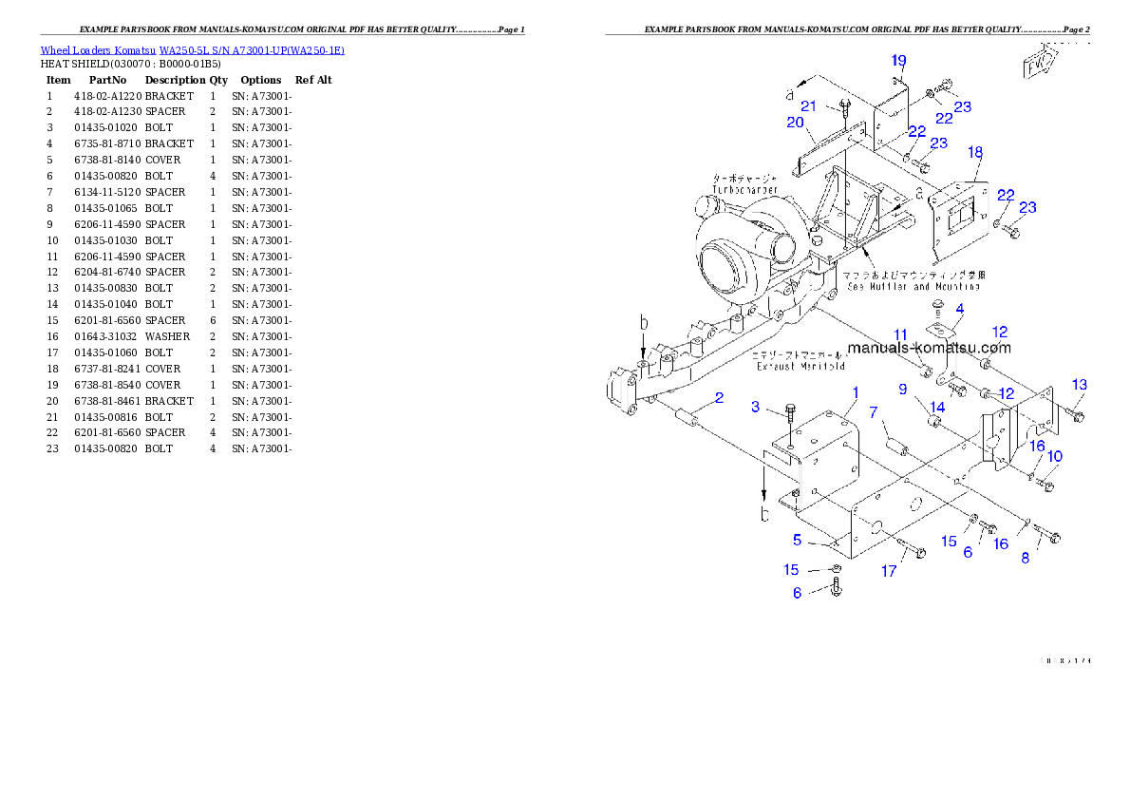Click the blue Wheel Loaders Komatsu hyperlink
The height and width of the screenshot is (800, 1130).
(192, 50)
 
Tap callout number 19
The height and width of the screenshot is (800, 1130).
(899, 61)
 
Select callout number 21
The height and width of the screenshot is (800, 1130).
(808, 105)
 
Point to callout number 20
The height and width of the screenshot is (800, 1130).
(795, 123)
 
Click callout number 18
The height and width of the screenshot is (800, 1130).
(975, 152)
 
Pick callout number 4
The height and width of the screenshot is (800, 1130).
(960, 309)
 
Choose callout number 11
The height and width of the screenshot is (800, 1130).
(900, 334)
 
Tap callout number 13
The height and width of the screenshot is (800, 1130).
(1080, 385)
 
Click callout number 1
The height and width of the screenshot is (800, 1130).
(856, 392)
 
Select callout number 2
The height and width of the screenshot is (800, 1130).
(720, 398)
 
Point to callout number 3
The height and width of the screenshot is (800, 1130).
(756, 407)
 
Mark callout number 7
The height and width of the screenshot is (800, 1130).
(873, 411)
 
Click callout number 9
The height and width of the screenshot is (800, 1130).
(903, 389)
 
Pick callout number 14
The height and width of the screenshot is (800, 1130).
(937, 407)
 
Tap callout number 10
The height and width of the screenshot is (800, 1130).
(1055, 456)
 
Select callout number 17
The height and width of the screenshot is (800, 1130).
(889, 571)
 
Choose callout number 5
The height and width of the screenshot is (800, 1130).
(798, 540)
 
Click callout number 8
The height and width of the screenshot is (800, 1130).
(1026, 559)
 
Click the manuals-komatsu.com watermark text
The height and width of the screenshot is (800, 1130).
(929, 348)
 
